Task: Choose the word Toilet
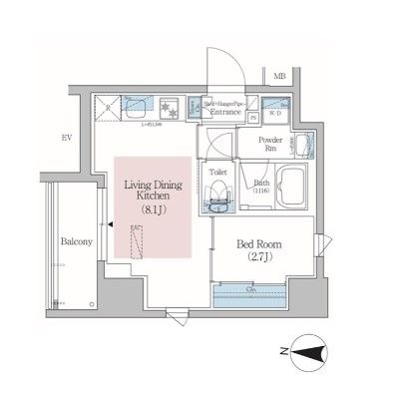coord(217,172)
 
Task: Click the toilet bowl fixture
coord(217,198)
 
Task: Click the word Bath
coord(261,184)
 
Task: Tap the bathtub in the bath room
coord(292,187)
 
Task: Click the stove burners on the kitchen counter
coord(171,106)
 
